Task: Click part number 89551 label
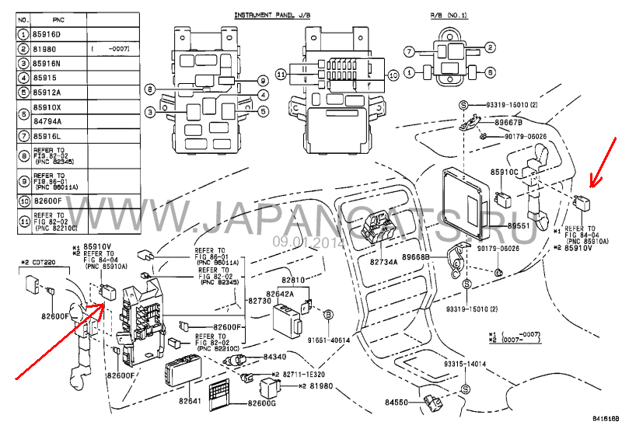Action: pos(519,225)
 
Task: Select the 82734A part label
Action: pos(383,262)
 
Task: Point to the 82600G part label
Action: pos(262,403)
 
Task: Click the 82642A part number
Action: pos(280,294)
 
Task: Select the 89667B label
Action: pos(509,122)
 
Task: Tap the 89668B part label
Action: pos(417,256)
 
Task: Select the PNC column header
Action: pos(58,18)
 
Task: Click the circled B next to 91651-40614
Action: pos(328,314)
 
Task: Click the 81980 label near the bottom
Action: pos(321,386)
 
